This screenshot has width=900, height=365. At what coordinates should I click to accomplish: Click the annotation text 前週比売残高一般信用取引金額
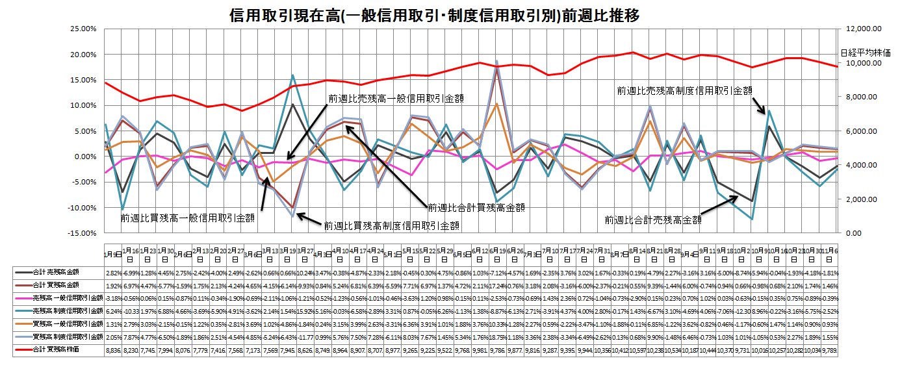point(399,98)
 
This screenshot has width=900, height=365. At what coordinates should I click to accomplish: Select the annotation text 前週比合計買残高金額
point(476,208)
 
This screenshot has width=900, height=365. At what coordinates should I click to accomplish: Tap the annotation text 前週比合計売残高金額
point(653,220)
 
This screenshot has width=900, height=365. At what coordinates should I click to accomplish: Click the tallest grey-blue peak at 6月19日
point(497,62)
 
